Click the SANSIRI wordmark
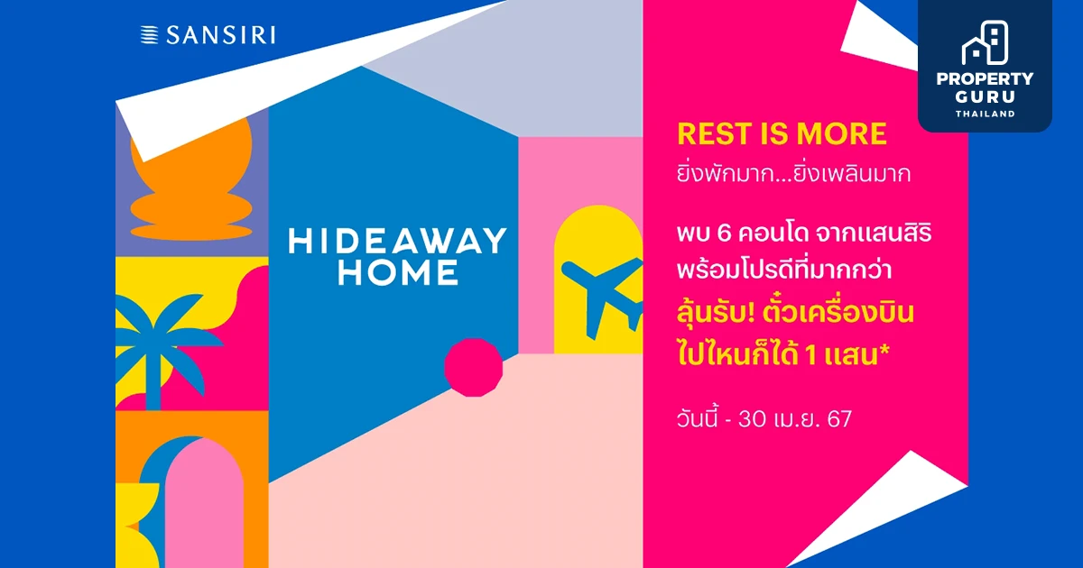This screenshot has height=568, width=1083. (221, 35)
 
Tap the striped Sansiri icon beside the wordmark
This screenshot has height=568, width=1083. (150, 35)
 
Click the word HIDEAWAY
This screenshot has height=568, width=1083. (397, 241)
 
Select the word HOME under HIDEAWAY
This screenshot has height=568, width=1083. (398, 272)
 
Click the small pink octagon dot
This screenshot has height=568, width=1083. (473, 368)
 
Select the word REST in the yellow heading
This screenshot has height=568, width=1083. (715, 133)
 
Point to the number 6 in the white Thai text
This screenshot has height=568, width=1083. (724, 234)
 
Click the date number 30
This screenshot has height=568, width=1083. (753, 419)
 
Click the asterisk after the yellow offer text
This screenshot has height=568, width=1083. (884, 350)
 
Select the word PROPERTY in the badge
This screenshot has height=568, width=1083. (985, 78)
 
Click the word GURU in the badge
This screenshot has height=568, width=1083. (985, 97)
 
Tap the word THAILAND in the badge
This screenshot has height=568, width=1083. (985, 114)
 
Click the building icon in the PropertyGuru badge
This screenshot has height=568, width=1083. (985, 42)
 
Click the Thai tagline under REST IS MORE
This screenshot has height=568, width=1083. (793, 174)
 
